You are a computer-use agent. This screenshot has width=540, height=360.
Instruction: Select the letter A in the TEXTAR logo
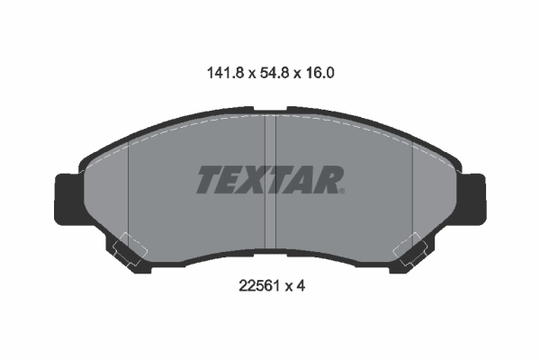point(303,180)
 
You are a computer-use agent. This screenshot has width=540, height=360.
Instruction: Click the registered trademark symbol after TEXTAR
point(342,190)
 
